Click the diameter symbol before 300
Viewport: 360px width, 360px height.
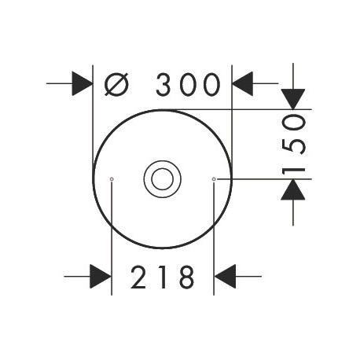(116, 84)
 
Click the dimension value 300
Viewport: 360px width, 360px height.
(188, 84)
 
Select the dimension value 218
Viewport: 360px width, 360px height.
(163, 277)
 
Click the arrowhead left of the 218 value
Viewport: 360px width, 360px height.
(101, 276)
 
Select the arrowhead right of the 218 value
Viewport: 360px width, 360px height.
(225, 276)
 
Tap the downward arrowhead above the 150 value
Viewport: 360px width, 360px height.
(293, 99)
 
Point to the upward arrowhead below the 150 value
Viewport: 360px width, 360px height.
(293, 189)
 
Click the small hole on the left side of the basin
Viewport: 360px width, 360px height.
(112, 179)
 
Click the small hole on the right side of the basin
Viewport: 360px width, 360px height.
(214, 179)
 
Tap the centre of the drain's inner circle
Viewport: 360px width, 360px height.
(163, 179)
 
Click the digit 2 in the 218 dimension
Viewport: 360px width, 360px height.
(138, 277)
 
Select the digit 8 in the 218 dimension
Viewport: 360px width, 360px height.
(187, 277)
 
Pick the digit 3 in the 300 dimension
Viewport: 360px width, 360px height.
(163, 84)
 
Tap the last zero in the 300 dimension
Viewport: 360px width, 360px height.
(212, 84)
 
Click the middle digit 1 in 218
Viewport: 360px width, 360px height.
(163, 277)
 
